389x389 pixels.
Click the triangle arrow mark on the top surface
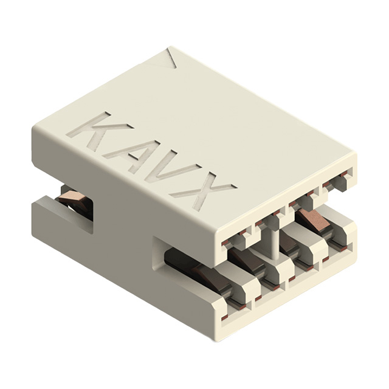click(x=172, y=59)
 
